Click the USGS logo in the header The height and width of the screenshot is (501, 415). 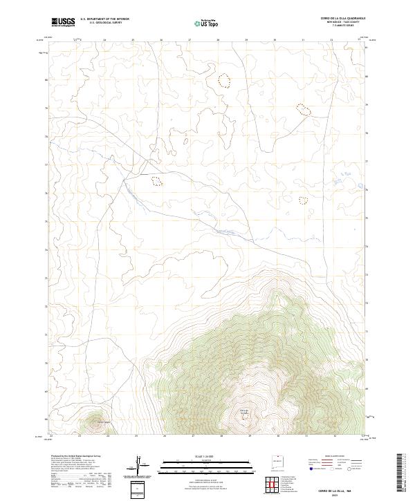tap(62, 22)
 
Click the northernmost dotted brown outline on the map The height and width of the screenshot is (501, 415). tap(223, 81)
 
